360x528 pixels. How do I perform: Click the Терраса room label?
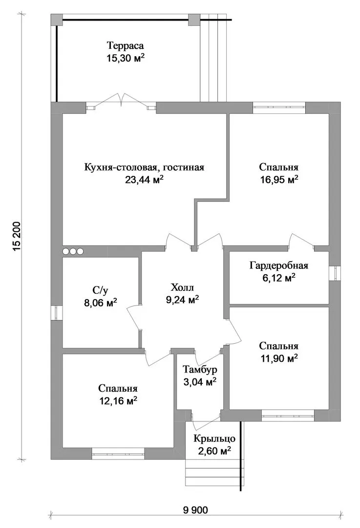[125, 45]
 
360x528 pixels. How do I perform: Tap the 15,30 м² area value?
[126, 58]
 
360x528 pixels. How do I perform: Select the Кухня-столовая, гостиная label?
[144, 167]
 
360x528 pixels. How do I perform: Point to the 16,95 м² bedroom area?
[279, 179]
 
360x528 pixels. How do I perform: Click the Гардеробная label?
[279, 265]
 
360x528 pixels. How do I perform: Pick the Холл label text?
[182, 287]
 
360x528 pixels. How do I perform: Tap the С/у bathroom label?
[100, 290]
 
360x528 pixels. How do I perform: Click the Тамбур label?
[200, 370]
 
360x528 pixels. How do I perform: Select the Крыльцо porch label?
[214, 439]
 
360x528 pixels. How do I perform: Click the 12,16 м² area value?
[118, 401]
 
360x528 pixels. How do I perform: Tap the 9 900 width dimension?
[195, 510]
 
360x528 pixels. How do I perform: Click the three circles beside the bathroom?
[73, 251]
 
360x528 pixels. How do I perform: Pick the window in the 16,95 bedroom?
[279, 107]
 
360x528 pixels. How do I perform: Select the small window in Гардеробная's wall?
[335, 273]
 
